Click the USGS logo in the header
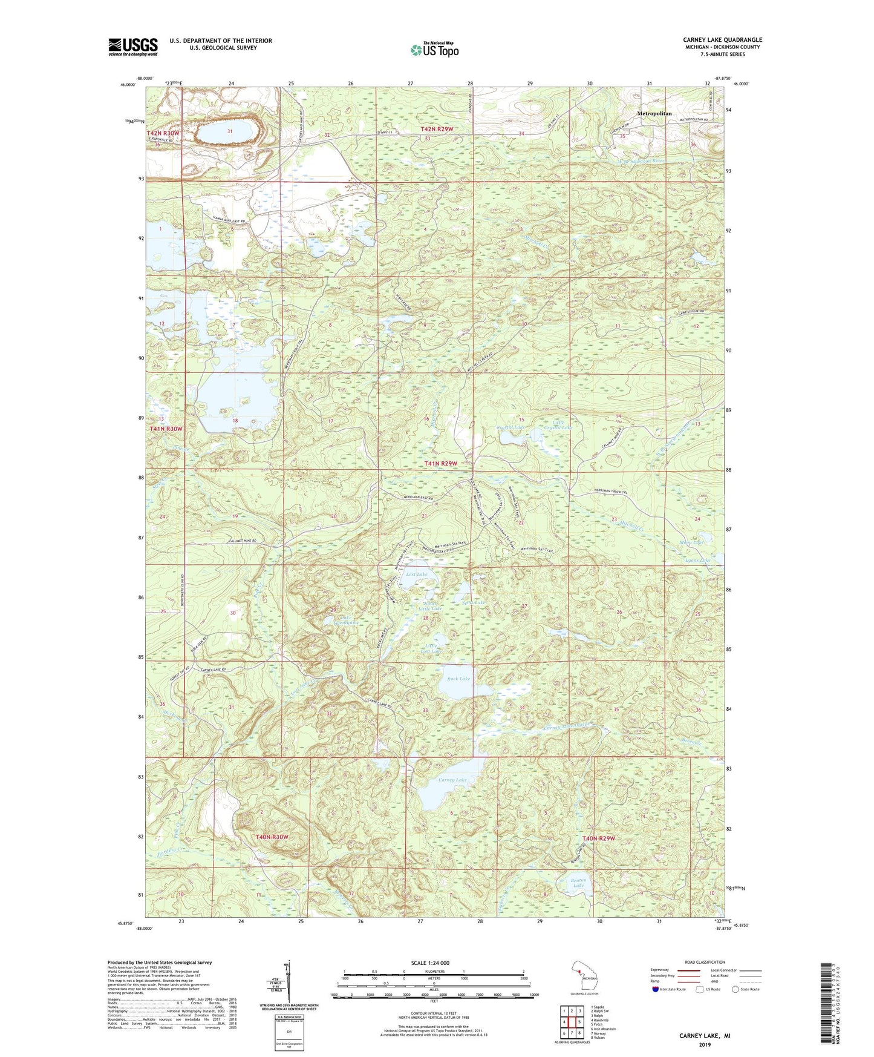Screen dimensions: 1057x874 132,47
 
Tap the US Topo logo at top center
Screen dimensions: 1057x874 434,50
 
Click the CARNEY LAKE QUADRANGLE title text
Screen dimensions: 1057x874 722,40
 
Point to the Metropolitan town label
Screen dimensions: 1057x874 654,114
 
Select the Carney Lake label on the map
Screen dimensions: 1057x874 452,780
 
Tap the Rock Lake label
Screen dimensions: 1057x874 458,679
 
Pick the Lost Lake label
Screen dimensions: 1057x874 416,574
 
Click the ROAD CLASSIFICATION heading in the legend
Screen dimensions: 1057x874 705,962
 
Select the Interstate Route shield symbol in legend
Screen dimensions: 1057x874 656,989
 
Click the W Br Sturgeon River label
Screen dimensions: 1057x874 642,161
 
